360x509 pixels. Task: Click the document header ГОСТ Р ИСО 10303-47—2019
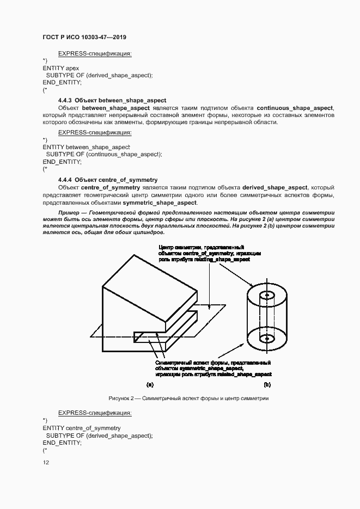84,37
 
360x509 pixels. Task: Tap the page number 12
46,463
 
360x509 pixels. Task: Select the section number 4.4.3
65,101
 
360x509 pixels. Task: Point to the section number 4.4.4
65,179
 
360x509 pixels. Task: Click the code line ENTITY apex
61,68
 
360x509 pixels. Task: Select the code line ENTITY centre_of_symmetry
82,428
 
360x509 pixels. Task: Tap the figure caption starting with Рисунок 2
188,398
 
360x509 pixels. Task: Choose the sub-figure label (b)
267,385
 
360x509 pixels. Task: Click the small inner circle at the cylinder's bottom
267,339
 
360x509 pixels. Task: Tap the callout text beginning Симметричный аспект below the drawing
213,369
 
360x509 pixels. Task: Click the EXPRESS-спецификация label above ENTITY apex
95,53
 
